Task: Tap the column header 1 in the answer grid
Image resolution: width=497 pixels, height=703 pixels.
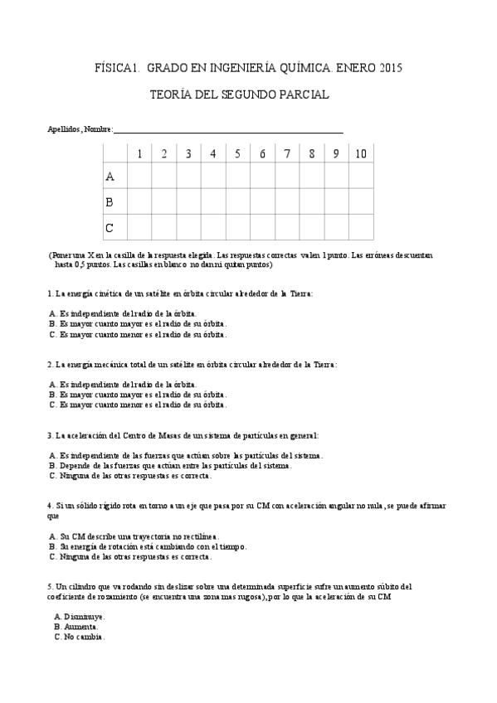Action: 140,153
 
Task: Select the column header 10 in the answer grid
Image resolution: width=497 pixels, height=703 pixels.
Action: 361,153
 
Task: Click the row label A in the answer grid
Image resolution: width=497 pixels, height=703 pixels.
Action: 110,177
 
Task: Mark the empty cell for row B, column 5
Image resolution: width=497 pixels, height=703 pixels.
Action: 238,201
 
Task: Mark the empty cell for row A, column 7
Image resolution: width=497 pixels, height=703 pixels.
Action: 287,177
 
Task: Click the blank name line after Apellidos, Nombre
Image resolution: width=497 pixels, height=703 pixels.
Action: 227,129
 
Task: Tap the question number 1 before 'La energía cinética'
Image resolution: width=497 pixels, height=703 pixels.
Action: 51,293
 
